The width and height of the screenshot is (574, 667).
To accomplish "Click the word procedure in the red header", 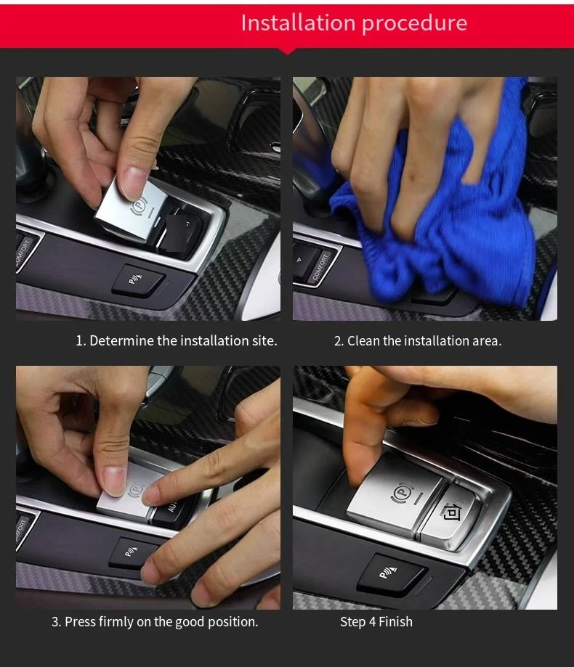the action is pos(415,24).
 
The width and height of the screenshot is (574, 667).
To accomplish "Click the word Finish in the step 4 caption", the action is pos(395,622).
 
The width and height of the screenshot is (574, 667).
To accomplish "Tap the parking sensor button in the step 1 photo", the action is pos(137,279).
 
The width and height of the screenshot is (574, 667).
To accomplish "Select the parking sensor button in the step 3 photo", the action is pos(133,552).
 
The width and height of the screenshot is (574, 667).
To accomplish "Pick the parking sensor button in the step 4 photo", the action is pos(390,574).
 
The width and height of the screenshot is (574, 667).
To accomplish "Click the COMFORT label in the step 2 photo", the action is pos(321,266).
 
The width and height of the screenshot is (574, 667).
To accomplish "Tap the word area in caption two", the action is pos(487,341).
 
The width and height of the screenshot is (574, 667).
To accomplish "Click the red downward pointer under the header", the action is pos(288,51).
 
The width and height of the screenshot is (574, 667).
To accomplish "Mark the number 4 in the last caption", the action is pos(372,622).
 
